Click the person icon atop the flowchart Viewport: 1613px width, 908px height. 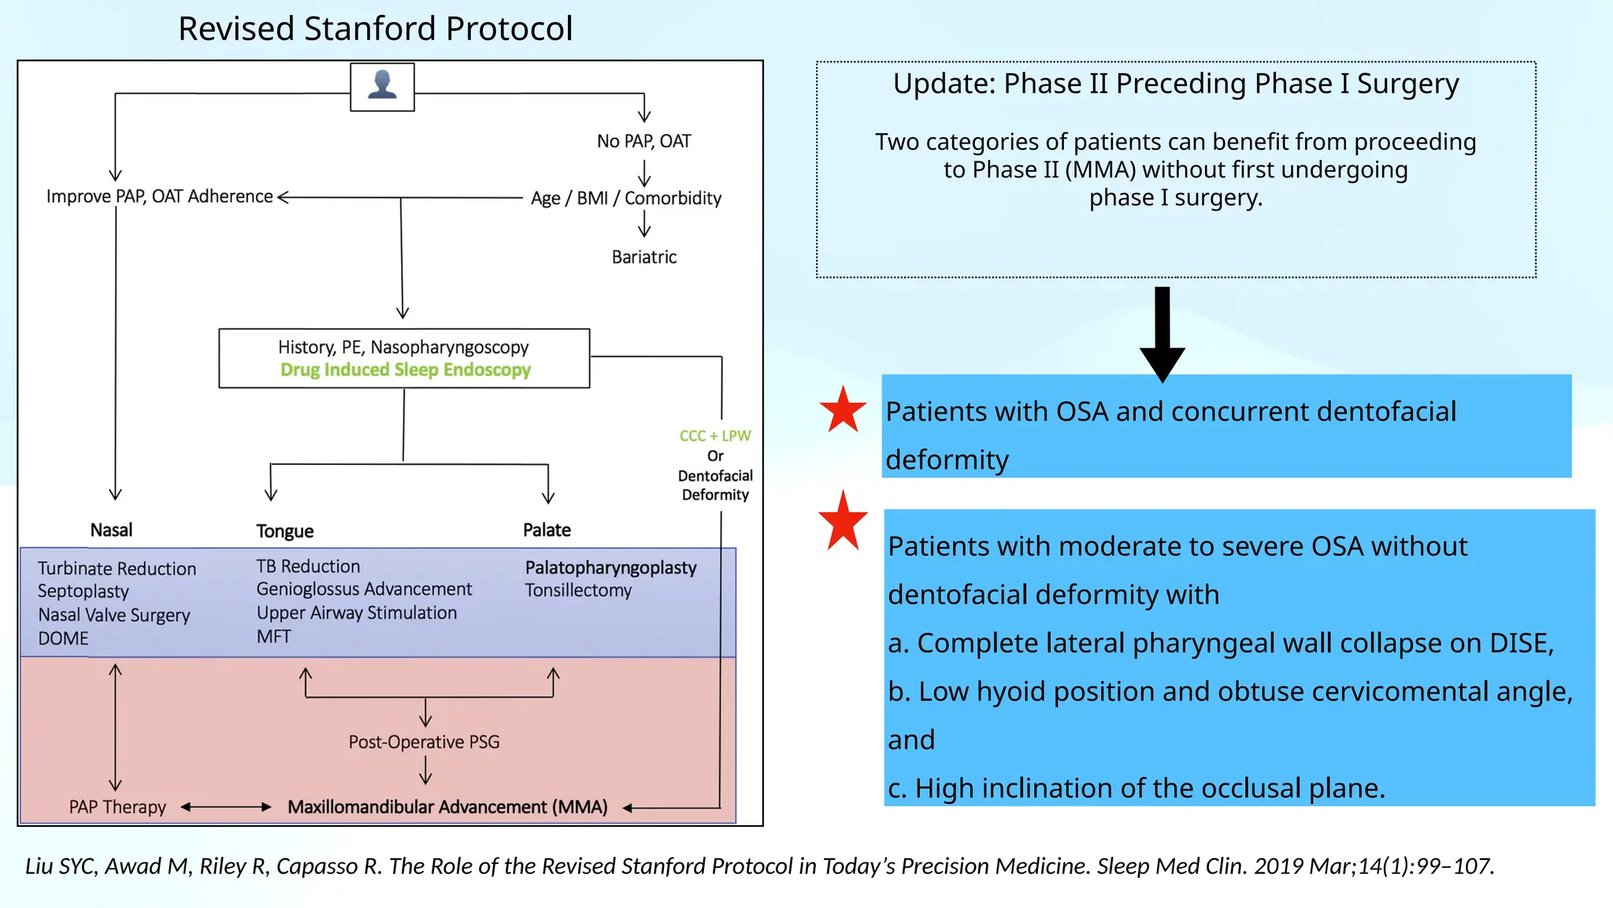(382, 86)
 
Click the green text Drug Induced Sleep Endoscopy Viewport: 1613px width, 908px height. (406, 370)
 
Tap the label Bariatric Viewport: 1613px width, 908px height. (644, 257)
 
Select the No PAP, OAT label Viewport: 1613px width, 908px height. (643, 141)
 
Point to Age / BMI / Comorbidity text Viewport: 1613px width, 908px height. (625, 198)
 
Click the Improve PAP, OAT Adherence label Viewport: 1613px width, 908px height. (159, 196)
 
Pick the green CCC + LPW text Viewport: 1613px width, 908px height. (715, 436)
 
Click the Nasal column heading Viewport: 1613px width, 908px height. (111, 530)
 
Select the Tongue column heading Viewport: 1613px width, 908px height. (284, 531)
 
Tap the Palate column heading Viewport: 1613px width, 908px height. (547, 530)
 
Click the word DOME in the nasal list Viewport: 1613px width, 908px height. (63, 638)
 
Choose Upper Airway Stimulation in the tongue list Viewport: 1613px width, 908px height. (356, 612)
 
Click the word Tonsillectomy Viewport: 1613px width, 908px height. (578, 590)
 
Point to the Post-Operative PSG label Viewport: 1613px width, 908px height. (424, 742)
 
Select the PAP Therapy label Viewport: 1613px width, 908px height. (117, 807)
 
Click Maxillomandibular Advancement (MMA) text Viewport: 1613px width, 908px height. (447, 807)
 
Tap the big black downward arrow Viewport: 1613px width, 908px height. (1162, 335)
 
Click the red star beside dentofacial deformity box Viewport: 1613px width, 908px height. (843, 410)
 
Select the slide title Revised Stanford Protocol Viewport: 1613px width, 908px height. (375, 28)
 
